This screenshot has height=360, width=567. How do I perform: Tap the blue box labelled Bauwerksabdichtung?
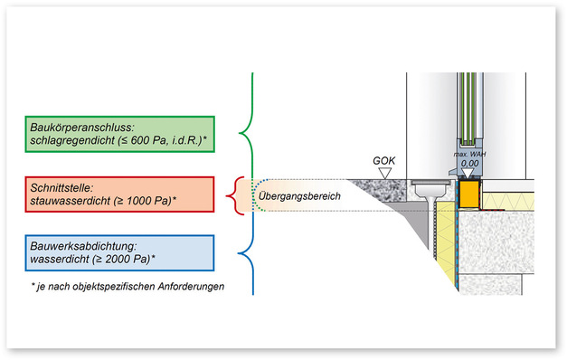pos(119,252)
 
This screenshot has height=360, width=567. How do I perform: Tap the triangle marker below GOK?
pos(385,171)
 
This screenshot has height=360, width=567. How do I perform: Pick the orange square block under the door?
pos(469,193)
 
